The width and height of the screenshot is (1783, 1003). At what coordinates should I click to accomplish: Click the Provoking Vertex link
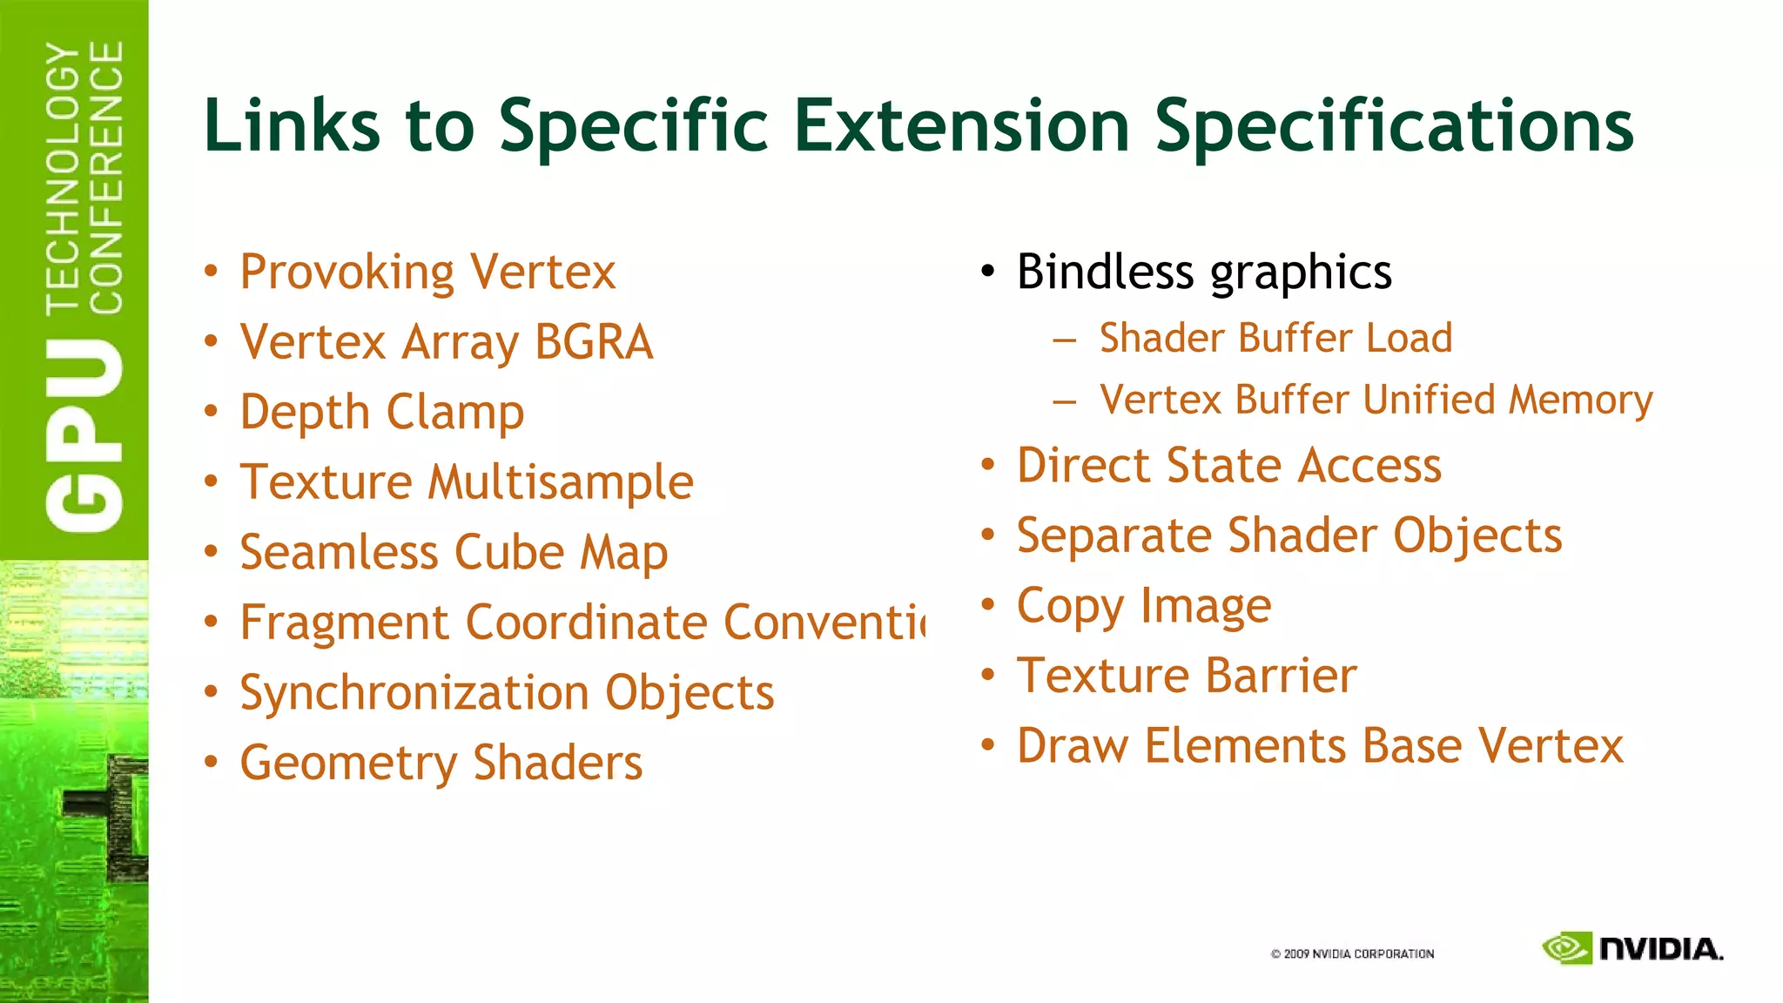coord(427,272)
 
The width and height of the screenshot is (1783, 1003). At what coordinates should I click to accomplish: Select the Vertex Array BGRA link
coord(446,341)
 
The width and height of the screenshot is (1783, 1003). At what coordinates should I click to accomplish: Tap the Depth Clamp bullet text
coord(381,412)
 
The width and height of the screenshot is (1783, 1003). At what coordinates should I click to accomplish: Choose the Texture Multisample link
coord(467,482)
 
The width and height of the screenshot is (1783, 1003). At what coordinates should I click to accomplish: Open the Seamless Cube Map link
coord(454,552)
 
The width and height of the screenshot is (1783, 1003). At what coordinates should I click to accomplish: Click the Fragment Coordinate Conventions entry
coord(582,623)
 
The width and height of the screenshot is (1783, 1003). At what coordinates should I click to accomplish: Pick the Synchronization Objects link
coord(507,693)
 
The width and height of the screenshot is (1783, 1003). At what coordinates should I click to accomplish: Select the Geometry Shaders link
coord(441,763)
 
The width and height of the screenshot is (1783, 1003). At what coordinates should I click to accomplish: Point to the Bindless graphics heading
coord(1204,272)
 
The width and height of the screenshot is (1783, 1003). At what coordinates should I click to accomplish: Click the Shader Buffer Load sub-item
coord(1275,338)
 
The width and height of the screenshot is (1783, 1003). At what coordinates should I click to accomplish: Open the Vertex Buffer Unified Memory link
coord(1376,400)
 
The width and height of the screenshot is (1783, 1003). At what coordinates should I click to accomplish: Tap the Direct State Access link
coord(1228,465)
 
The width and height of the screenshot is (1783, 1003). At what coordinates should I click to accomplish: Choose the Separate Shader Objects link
coord(1289,535)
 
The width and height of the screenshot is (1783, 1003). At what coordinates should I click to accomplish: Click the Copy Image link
coord(1143,606)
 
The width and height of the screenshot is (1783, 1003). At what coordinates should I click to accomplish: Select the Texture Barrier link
coord(1187,676)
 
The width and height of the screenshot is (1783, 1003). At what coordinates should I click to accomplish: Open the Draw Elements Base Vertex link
coord(1320,746)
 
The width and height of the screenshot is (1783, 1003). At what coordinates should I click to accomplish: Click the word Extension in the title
coord(961,125)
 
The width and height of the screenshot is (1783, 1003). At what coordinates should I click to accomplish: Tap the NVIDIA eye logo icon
coord(1567,948)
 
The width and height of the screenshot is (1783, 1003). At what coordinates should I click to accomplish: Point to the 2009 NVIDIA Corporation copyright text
coord(1352,954)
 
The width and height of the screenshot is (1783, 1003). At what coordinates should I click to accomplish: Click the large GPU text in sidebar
coord(84,435)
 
